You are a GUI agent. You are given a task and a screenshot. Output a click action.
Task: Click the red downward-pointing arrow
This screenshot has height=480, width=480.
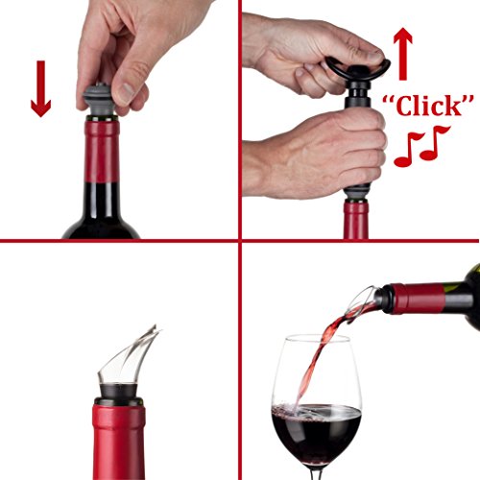(x=40, y=88)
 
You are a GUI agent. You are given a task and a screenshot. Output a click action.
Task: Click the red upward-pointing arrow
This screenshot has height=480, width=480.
(x=403, y=54)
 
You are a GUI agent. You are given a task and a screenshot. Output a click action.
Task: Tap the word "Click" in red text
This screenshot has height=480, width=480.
(x=428, y=106)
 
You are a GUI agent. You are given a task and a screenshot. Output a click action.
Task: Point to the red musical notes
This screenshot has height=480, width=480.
(x=421, y=146)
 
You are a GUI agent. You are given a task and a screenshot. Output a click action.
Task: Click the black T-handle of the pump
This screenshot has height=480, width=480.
(x=357, y=68)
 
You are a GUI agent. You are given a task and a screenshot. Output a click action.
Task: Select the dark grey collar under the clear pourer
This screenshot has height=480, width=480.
(x=118, y=392)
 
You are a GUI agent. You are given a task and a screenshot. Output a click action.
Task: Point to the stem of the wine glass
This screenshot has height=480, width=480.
(x=317, y=474)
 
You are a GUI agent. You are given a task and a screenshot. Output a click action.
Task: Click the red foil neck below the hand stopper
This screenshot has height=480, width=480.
(x=101, y=151)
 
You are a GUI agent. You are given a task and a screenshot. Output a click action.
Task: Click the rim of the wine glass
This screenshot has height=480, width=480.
(x=312, y=339)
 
